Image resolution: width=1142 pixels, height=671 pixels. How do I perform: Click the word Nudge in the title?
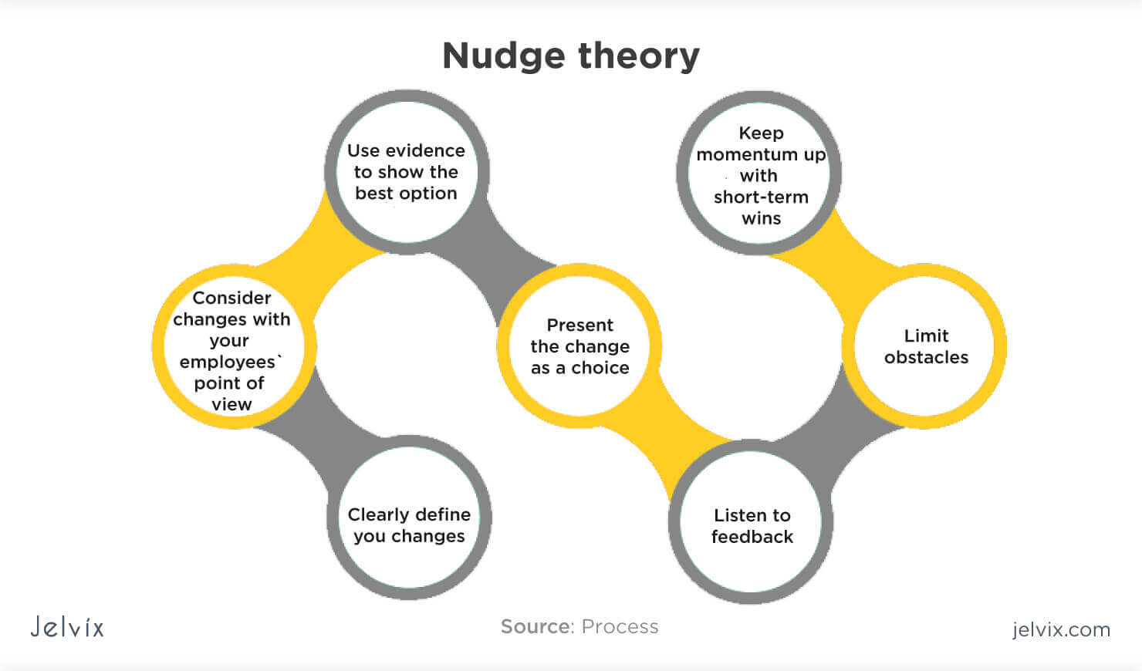click(x=504, y=57)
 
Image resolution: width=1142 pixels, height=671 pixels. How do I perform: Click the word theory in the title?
click(x=639, y=56)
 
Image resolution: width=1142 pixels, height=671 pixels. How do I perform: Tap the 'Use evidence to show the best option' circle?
click(x=407, y=172)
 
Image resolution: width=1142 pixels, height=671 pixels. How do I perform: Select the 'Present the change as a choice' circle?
click(x=579, y=346)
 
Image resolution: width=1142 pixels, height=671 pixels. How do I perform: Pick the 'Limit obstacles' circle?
click(x=924, y=346)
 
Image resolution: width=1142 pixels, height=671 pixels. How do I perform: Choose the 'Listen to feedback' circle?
click(x=751, y=521)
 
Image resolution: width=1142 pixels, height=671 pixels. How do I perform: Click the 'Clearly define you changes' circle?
click(x=409, y=518)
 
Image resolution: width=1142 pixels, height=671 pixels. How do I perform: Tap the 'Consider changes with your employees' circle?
click(x=235, y=346)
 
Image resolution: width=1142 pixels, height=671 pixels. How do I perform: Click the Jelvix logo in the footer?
click(x=67, y=627)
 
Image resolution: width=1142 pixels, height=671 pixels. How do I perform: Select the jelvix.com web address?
click(x=1062, y=629)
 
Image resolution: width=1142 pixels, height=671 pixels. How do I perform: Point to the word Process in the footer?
click(x=620, y=627)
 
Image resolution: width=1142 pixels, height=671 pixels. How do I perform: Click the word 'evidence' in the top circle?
click(x=425, y=151)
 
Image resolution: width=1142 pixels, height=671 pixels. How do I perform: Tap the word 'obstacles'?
click(x=927, y=357)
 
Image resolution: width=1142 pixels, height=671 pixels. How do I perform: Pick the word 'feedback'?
click(x=752, y=537)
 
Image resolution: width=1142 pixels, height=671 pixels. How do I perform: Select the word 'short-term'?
click(x=761, y=197)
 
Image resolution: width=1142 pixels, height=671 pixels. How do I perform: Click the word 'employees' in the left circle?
click(x=228, y=362)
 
